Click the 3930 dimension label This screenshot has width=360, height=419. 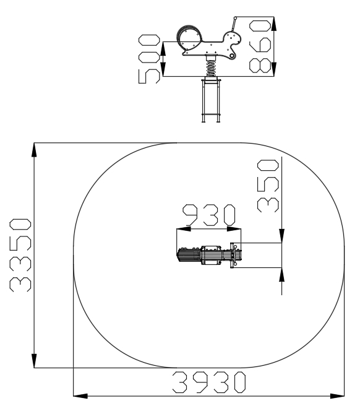pos(209,382)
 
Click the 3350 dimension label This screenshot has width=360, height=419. pos(20,255)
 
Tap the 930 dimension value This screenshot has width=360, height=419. pos(209,215)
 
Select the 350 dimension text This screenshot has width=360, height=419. pos(268,186)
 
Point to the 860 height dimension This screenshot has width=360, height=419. pos(260,47)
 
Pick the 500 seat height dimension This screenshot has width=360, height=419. pos(149,59)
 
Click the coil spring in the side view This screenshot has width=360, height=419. pos(211,68)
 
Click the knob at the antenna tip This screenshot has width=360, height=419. pos(235,18)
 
